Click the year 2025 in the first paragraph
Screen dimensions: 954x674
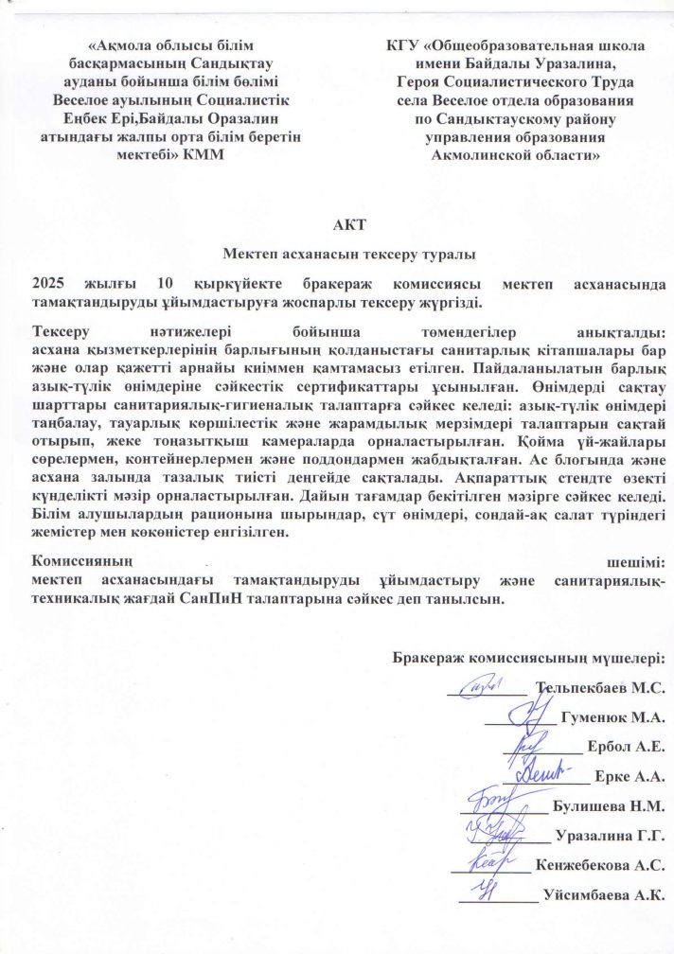[x=50, y=283]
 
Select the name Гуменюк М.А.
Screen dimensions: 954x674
[x=612, y=717]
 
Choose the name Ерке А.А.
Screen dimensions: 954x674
[x=629, y=776]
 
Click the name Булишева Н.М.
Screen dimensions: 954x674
[x=606, y=806]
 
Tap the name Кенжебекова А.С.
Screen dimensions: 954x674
[x=600, y=865]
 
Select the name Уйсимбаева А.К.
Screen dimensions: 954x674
[x=602, y=894]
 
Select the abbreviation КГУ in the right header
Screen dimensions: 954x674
[x=404, y=45]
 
